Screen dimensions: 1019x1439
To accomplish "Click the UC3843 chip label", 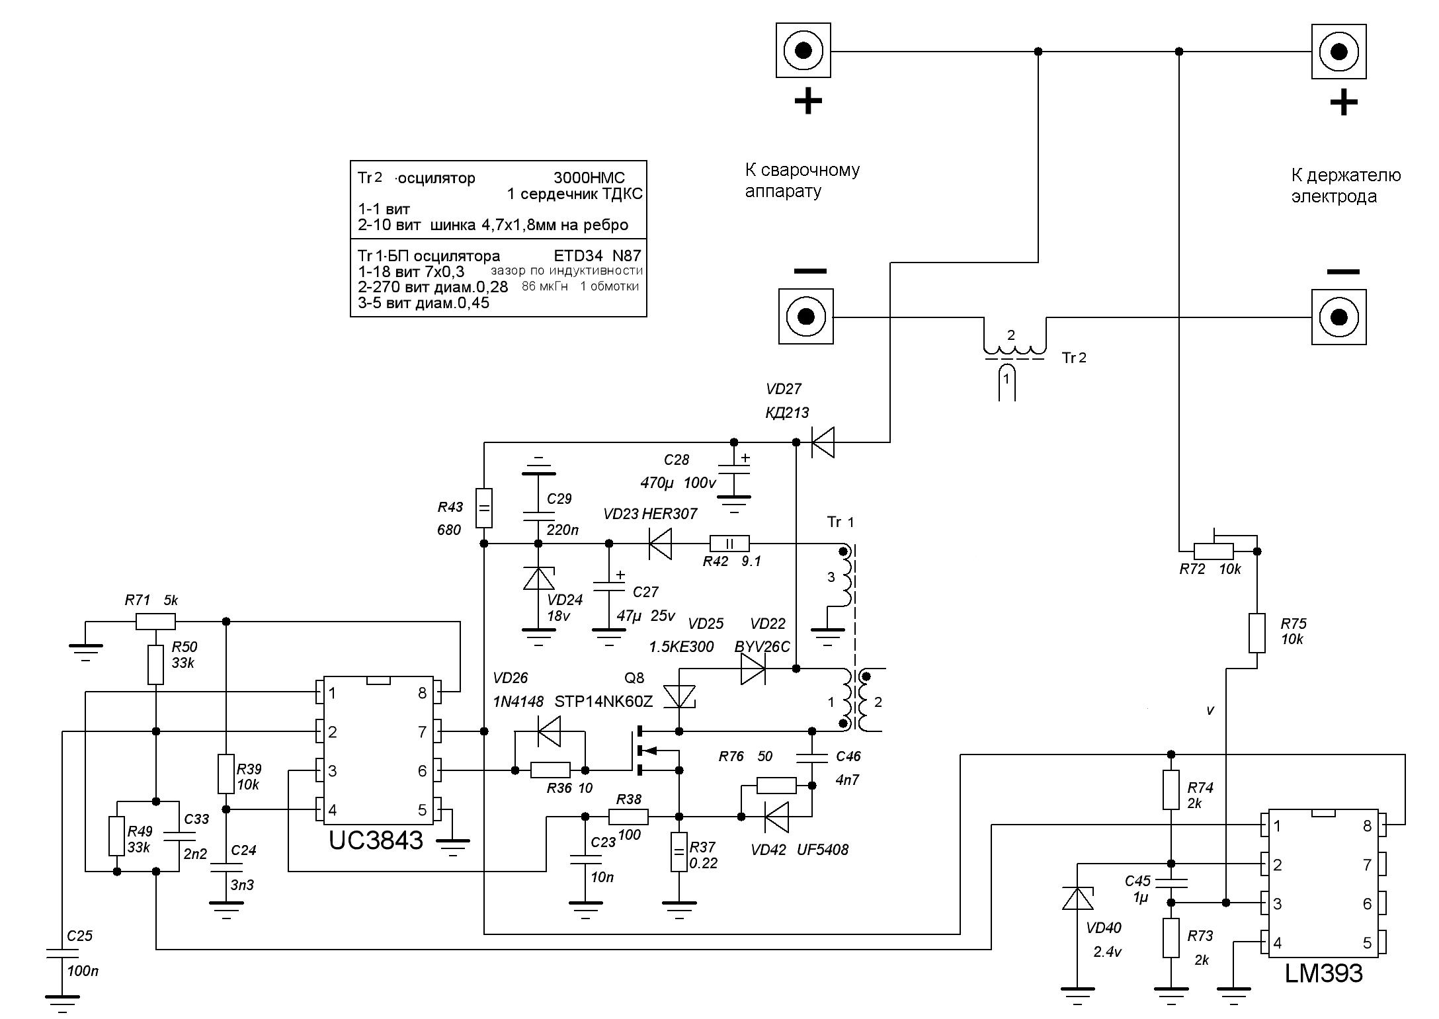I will pyautogui.click(x=376, y=840).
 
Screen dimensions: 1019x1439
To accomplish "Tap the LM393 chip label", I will pyautogui.click(x=1323, y=973).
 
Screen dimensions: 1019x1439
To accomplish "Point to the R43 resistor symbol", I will pyautogui.click(x=484, y=508).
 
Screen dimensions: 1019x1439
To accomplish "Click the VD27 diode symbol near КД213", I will pyautogui.click(x=821, y=442).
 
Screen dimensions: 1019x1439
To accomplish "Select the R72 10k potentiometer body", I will pyautogui.click(x=1213, y=551).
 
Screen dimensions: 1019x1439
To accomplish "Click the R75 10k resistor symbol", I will pyautogui.click(x=1257, y=633).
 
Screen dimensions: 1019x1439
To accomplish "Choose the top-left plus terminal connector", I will pyautogui.click(x=803, y=51).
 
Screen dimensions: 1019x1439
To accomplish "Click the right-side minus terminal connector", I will pyautogui.click(x=1338, y=317).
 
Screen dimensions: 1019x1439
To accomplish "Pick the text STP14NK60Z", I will pyautogui.click(x=603, y=702).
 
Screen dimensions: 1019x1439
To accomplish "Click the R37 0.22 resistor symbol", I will pyautogui.click(x=679, y=852).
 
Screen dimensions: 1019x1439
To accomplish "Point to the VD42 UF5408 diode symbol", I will pyautogui.click(x=776, y=817).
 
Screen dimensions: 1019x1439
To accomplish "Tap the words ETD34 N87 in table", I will pyautogui.click(x=596, y=255).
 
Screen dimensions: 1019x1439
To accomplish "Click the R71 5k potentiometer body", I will pyautogui.click(x=155, y=622).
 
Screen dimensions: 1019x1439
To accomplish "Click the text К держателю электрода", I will pyautogui.click(x=1345, y=186).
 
